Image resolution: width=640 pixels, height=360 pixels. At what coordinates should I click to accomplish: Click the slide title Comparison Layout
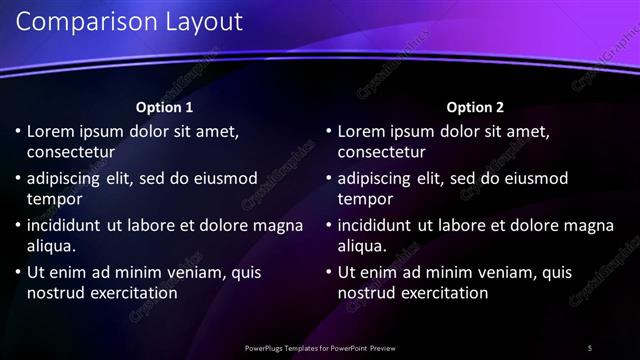pyautogui.click(x=130, y=22)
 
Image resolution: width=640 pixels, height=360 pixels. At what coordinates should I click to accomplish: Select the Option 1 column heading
pyautogui.click(x=164, y=107)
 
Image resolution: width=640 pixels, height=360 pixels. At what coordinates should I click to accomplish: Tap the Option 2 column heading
pyautogui.click(x=475, y=107)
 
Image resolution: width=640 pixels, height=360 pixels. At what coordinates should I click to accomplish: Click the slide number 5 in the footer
pyautogui.click(x=590, y=348)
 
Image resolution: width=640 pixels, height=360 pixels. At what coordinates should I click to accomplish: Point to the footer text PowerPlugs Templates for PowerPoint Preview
pyautogui.click(x=320, y=348)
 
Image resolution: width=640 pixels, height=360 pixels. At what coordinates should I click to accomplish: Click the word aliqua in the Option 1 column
pyautogui.click(x=52, y=246)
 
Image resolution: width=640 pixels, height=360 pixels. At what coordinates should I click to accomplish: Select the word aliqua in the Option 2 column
pyautogui.click(x=363, y=246)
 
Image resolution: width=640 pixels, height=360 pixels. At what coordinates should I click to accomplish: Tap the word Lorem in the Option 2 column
pyautogui.click(x=361, y=131)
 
